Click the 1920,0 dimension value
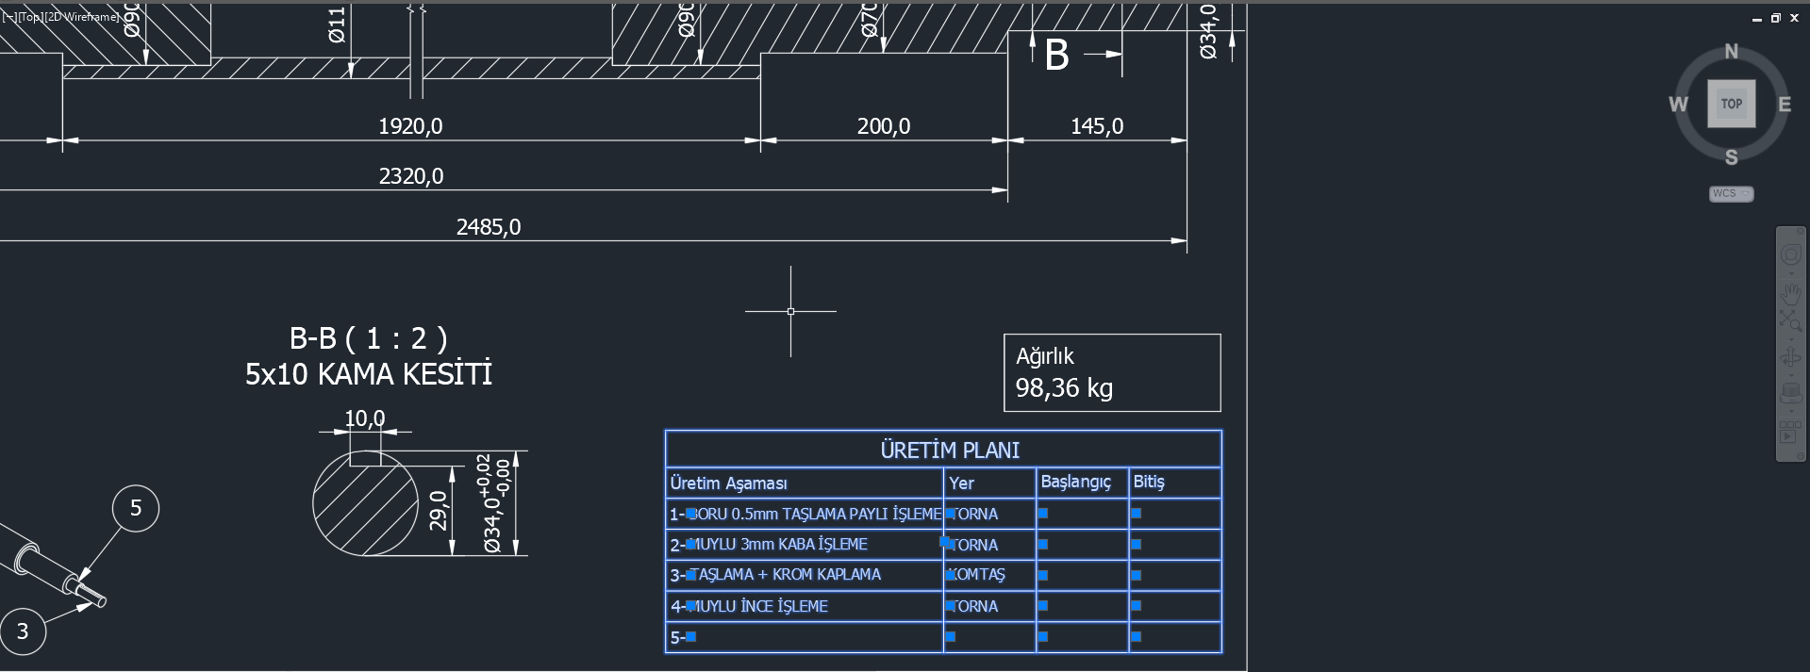point(410,126)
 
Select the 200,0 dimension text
point(884,126)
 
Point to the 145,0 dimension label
point(1097,126)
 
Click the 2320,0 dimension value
point(411,176)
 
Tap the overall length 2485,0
point(489,227)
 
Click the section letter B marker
point(1056,56)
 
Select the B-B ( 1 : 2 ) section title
point(368,338)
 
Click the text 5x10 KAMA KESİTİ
point(369,374)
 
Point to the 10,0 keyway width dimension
point(364,418)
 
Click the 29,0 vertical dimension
point(439,510)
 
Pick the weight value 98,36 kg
point(1064,388)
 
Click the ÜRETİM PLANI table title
point(950,450)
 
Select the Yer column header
point(961,484)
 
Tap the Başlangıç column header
point(1075,482)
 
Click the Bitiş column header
point(1149,482)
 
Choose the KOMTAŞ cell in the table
point(977,575)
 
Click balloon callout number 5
point(136,508)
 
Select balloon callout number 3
point(23,631)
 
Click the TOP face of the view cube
point(1731,104)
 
